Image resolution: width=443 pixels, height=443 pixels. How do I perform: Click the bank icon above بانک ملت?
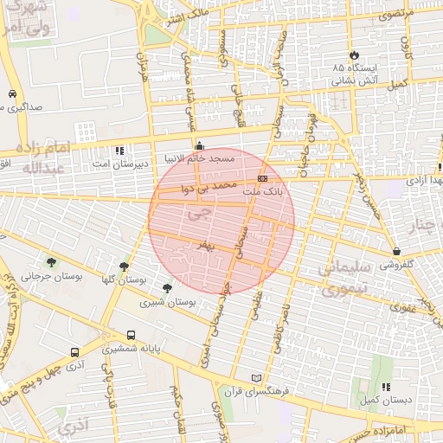262,177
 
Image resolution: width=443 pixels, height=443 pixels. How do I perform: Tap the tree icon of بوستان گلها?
125,266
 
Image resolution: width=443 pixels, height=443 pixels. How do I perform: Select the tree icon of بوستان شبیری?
167,288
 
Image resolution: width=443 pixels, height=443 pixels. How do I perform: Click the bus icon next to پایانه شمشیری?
131,335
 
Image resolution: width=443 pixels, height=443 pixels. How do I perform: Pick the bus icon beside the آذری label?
74,352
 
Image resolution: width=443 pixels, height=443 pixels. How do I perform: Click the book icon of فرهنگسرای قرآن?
254,378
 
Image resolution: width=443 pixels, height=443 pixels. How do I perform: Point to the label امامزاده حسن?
403,431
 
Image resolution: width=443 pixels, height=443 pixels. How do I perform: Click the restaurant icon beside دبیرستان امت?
119,150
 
